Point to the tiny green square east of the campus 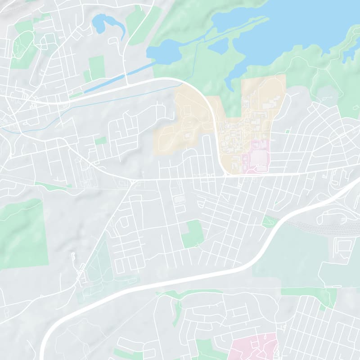pos(287,131)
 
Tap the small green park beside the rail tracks pos(269,221)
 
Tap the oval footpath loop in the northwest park pos(22,45)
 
